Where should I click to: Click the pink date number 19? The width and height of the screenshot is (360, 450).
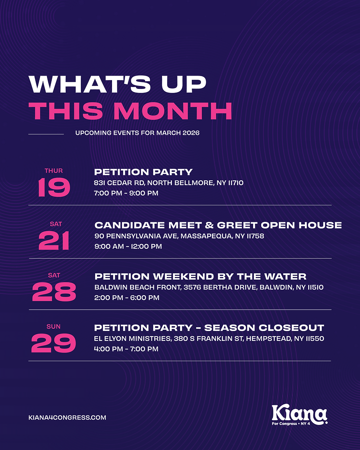click(x=54, y=187)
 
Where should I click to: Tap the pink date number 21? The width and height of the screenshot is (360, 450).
click(x=54, y=241)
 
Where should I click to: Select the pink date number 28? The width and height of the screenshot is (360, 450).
click(x=54, y=292)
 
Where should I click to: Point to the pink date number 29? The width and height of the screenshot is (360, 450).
click(x=54, y=344)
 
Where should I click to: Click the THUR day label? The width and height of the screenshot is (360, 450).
click(x=54, y=171)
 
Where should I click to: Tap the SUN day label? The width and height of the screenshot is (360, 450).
click(x=54, y=327)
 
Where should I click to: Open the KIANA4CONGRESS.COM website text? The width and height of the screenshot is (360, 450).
click(x=67, y=418)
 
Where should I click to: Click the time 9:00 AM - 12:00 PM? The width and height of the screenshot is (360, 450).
click(x=128, y=246)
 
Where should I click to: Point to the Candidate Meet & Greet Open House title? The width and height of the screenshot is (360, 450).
click(x=218, y=225)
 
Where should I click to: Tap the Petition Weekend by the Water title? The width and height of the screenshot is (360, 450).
click(x=201, y=276)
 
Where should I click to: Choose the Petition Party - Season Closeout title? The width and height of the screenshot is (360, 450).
click(x=209, y=328)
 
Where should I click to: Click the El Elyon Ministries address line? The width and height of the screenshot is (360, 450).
click(x=209, y=339)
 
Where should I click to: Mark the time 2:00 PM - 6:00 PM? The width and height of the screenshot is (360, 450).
click(x=127, y=298)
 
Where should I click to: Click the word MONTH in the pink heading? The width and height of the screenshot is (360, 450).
click(x=173, y=111)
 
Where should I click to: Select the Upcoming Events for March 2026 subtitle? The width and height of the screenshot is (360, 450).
click(x=137, y=133)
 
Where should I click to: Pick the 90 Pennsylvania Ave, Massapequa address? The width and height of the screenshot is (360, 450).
click(x=179, y=236)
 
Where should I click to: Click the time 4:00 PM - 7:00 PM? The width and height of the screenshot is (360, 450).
click(x=126, y=349)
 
